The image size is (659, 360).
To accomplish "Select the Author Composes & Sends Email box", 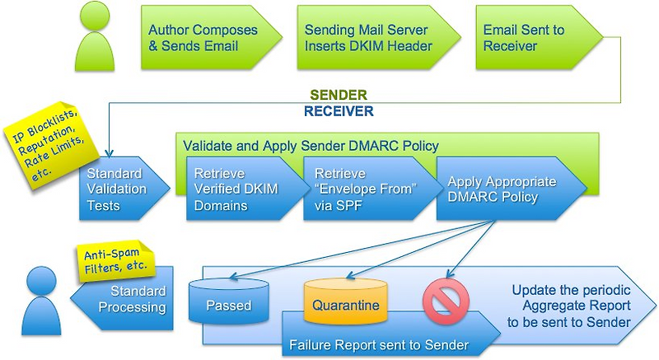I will pyautogui.click(x=203, y=38).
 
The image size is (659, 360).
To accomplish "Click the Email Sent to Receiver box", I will pyautogui.click(x=527, y=38).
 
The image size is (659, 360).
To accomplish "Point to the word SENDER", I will pyautogui.click(x=338, y=95).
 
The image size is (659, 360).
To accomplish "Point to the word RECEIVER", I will pyautogui.click(x=338, y=110).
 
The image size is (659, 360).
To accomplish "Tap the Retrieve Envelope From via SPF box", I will pyautogui.click(x=358, y=189).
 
